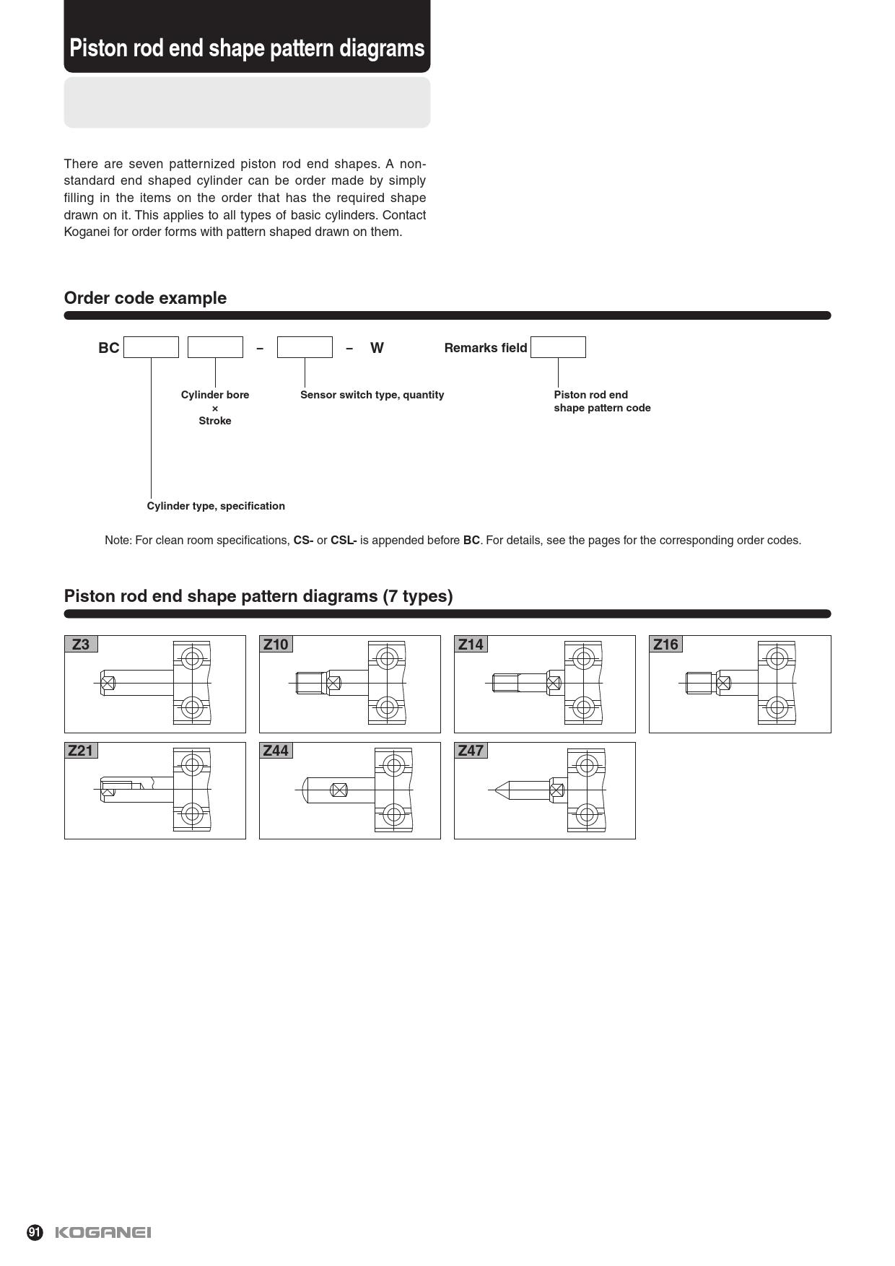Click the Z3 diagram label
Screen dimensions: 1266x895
pos(81,644)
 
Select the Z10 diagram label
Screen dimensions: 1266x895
pos(276,644)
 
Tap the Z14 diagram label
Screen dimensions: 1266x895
pos(471,644)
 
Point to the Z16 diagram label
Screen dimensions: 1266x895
pos(665,644)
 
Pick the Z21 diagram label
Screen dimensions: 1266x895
pos(81,751)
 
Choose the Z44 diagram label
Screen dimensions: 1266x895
pos(276,751)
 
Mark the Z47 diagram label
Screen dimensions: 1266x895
pos(471,751)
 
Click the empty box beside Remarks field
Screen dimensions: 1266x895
pos(558,347)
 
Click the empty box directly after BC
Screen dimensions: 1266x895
pos(151,347)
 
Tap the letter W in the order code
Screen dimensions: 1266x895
pos(377,348)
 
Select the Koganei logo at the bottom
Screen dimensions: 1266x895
pos(103,1232)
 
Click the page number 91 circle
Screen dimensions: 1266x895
pos(35,1232)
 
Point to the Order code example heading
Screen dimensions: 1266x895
pos(145,298)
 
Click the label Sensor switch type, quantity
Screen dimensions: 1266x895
pos(372,395)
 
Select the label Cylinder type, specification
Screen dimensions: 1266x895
pos(216,506)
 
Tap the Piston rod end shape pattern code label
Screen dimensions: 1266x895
pos(602,401)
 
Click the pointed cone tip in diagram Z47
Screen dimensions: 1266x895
pos(499,790)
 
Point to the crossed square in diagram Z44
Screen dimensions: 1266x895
pos(339,790)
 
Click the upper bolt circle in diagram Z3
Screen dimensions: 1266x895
pos(192,658)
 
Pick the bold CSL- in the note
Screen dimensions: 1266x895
pos(344,540)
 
